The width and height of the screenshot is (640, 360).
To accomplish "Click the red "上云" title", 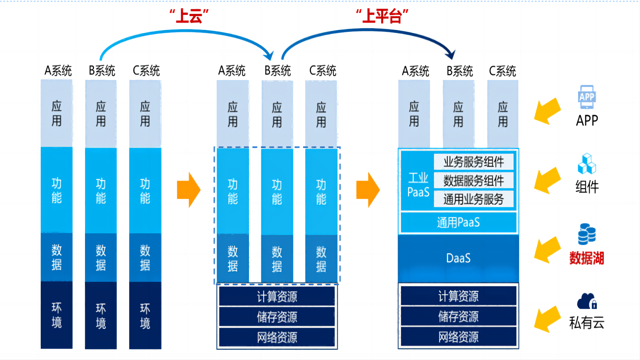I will (189, 16).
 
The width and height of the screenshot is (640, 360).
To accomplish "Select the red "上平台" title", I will (382, 16).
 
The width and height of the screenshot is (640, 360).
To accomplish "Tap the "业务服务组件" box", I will (473, 162).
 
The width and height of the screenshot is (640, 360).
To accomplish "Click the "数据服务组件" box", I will (473, 181).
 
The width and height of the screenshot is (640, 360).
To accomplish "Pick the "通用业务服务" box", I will (473, 199).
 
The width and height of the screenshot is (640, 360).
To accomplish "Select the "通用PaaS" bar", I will (458, 222).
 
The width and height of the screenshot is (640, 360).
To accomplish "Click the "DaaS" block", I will (458, 258).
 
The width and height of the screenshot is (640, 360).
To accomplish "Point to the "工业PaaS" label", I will (418, 185).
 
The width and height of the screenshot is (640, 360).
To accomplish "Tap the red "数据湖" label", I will (587, 258).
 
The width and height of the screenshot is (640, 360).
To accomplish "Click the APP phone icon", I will (587, 97).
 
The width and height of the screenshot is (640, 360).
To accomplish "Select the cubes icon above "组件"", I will (587, 164).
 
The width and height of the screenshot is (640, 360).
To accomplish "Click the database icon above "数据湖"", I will (587, 234).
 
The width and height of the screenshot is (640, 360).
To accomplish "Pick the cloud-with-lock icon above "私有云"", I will (587, 302).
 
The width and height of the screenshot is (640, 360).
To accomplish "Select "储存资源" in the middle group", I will (277, 317).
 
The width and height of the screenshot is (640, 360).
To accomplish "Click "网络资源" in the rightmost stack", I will (458, 337).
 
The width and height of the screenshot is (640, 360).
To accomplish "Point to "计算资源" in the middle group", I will (277, 296).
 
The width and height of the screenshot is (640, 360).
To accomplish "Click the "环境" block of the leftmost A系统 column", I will (56, 315).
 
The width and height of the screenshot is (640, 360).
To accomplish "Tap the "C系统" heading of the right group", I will (502, 71).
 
